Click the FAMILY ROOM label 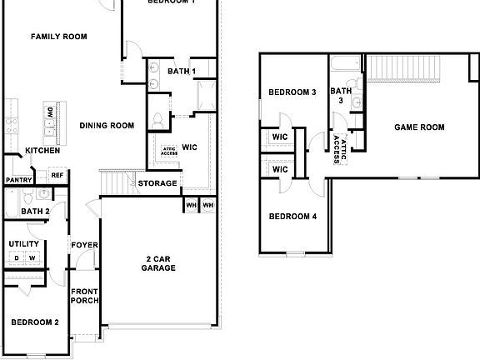(x=58, y=37)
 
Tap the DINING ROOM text (x=107, y=126)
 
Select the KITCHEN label (x=42, y=151)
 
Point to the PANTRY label (x=18, y=180)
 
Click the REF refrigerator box (x=57, y=175)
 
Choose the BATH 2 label (x=36, y=212)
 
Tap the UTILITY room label (x=23, y=244)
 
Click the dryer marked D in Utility (x=16, y=258)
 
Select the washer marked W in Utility (x=32, y=258)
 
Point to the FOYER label (x=84, y=245)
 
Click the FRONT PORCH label (x=84, y=296)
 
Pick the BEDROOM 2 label (x=34, y=322)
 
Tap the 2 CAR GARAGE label (x=157, y=263)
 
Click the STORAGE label (x=157, y=183)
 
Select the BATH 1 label (x=181, y=72)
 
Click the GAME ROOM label (x=419, y=127)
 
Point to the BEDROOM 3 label (x=292, y=92)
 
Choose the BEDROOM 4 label (x=292, y=217)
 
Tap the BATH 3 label (x=340, y=96)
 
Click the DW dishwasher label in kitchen (x=51, y=112)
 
